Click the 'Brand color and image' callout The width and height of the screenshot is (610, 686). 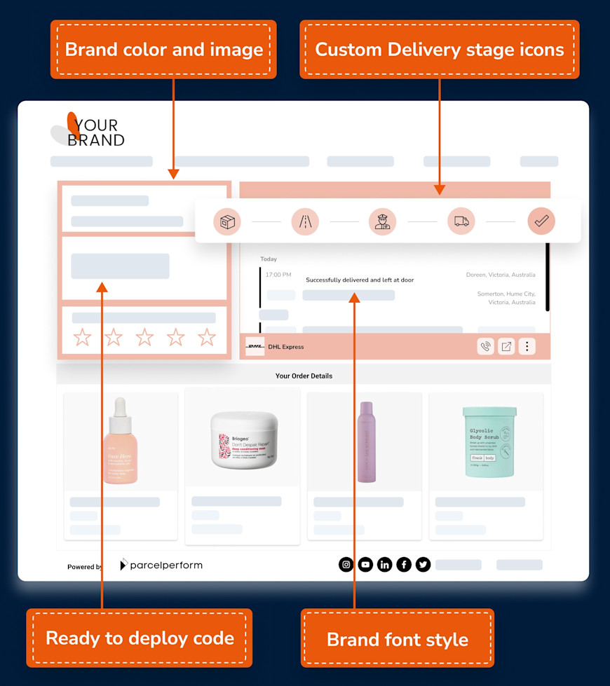click(163, 50)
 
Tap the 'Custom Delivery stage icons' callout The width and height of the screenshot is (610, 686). click(440, 50)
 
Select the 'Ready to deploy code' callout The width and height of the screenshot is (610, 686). click(140, 638)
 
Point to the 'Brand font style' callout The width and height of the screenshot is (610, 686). click(398, 639)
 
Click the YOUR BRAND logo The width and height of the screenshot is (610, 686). click(88, 131)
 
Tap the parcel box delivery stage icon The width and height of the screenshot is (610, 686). click(227, 221)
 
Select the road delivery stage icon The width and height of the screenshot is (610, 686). click(305, 221)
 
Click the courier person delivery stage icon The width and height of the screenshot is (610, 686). click(383, 221)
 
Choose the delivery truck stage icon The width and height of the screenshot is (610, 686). click(461, 221)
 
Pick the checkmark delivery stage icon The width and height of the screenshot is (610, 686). click(541, 221)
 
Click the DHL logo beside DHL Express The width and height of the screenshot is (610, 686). click(255, 346)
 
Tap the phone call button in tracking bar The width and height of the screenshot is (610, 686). click(485, 346)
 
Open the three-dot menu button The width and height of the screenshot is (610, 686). click(527, 346)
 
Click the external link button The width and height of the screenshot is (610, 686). click(506, 346)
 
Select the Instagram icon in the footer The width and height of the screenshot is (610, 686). click(346, 565)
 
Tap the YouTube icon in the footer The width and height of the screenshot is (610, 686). click(365, 565)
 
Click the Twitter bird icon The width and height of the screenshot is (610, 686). click(423, 565)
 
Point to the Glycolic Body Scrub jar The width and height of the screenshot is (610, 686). click(489, 442)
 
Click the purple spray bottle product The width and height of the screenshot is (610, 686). click(367, 441)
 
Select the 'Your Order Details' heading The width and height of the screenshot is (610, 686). click(304, 376)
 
